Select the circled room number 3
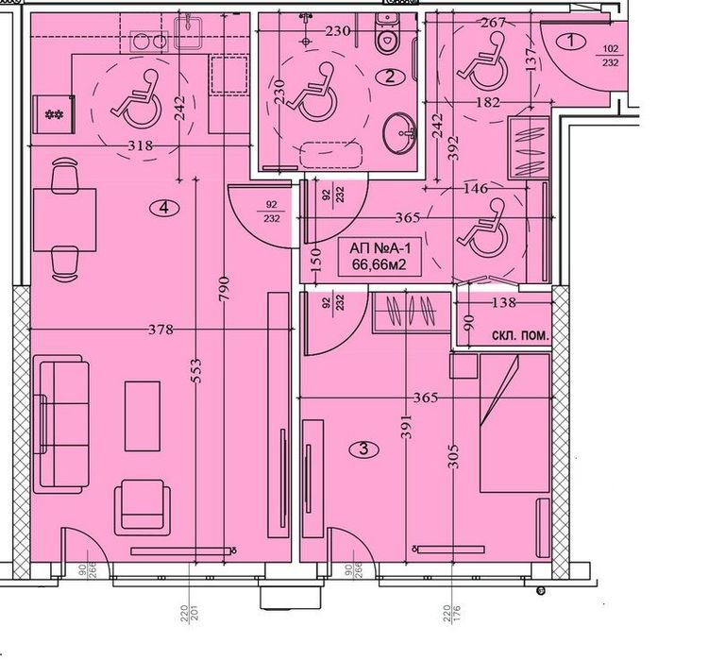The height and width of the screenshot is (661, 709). point(364,449)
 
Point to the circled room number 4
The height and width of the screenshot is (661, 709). point(165,209)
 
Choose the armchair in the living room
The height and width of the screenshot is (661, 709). point(143,505)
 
